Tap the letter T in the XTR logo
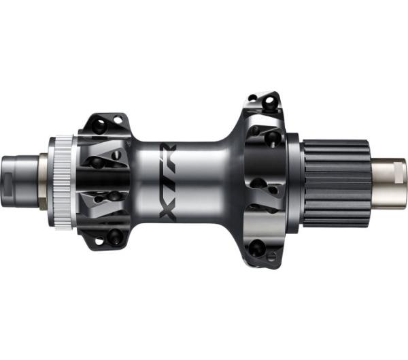[x=167, y=178]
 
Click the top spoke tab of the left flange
[x=104, y=125]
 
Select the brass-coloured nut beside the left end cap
[x=42, y=178]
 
